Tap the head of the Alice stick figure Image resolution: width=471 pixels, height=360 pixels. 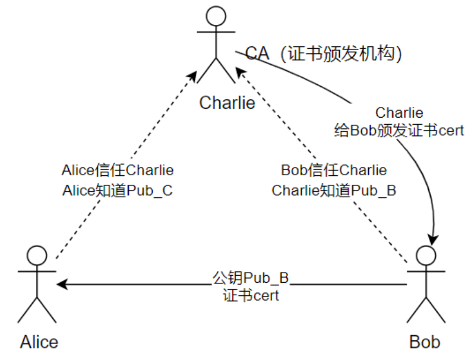[37, 256]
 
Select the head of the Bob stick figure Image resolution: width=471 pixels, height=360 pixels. [426, 256]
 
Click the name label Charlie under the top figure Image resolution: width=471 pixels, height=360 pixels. [227, 103]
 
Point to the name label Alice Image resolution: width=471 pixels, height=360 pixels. [39, 342]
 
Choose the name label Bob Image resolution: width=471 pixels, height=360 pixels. [425, 342]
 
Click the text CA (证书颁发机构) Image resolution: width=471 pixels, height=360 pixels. [325, 54]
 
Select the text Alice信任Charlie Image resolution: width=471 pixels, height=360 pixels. [118, 170]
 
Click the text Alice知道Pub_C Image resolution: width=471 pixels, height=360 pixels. [118, 191]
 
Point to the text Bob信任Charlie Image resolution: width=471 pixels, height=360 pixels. [333, 170]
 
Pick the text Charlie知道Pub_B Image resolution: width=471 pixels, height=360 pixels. [334, 191]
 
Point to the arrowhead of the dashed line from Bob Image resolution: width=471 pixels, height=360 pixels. [239, 71]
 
